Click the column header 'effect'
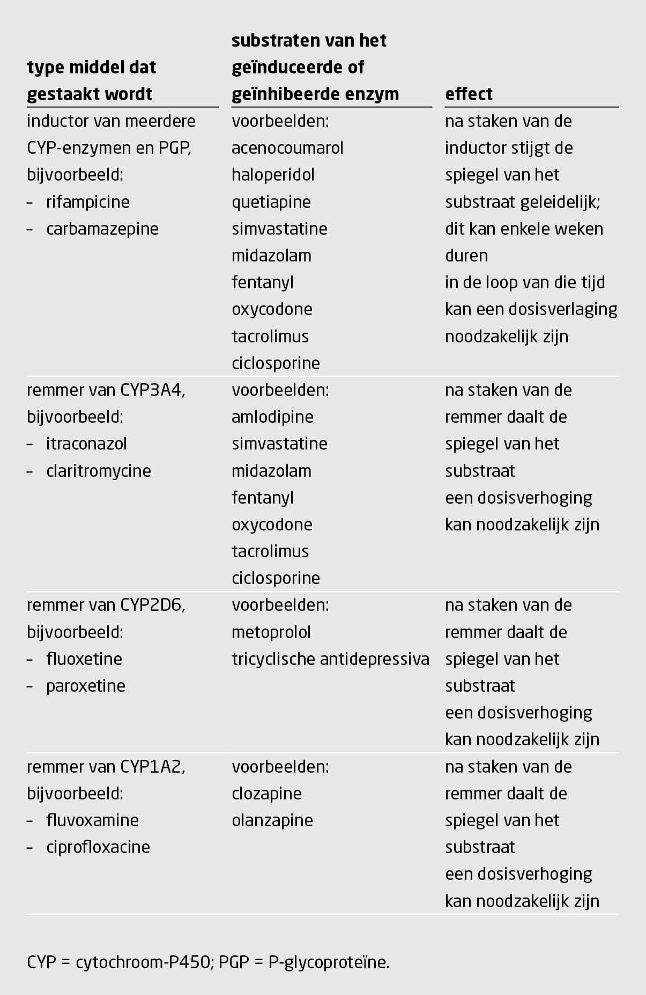point(469,94)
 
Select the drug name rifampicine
point(88,202)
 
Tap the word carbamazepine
point(102,229)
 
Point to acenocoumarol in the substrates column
point(287,148)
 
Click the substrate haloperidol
point(273,175)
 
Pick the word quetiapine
point(271,202)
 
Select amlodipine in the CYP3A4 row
point(272,417)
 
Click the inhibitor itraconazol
point(87,444)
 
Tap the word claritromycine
point(99,471)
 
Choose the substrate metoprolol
point(271,632)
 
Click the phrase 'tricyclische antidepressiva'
point(330,659)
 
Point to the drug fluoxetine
point(84,659)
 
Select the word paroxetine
point(86,686)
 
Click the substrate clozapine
point(266,794)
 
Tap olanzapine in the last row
point(272,820)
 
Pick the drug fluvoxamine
point(92,820)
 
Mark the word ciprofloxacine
point(98,847)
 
